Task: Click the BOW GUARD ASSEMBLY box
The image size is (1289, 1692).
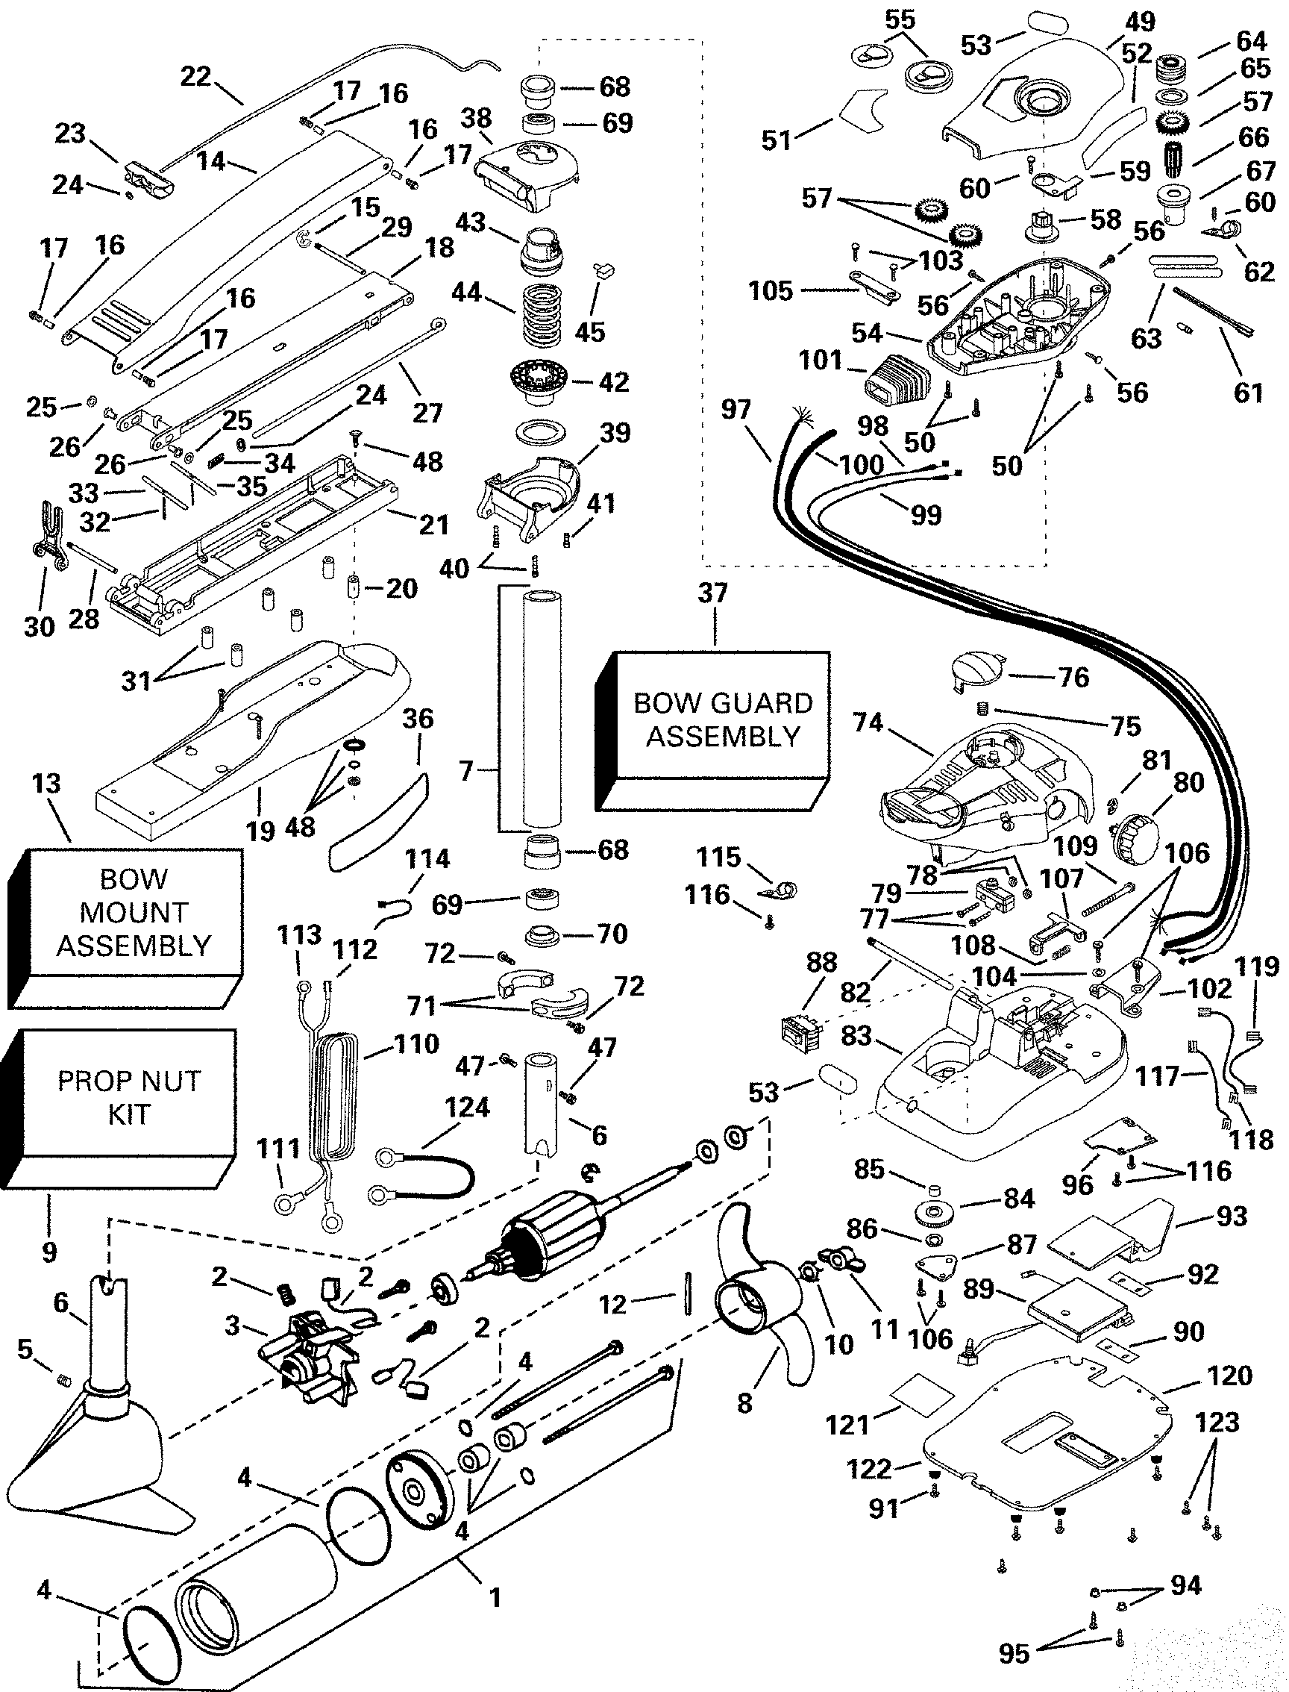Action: click(x=722, y=719)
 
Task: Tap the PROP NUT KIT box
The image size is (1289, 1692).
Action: click(x=129, y=1097)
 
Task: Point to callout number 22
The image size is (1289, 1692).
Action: click(x=195, y=77)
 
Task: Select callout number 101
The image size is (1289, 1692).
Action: click(x=821, y=360)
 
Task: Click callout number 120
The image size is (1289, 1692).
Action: click(x=1230, y=1375)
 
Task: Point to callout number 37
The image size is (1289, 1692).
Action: click(x=713, y=593)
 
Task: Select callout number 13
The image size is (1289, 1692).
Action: click(x=46, y=784)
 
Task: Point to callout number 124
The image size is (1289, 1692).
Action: click(x=467, y=1107)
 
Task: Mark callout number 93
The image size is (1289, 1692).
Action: click(x=1232, y=1217)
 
